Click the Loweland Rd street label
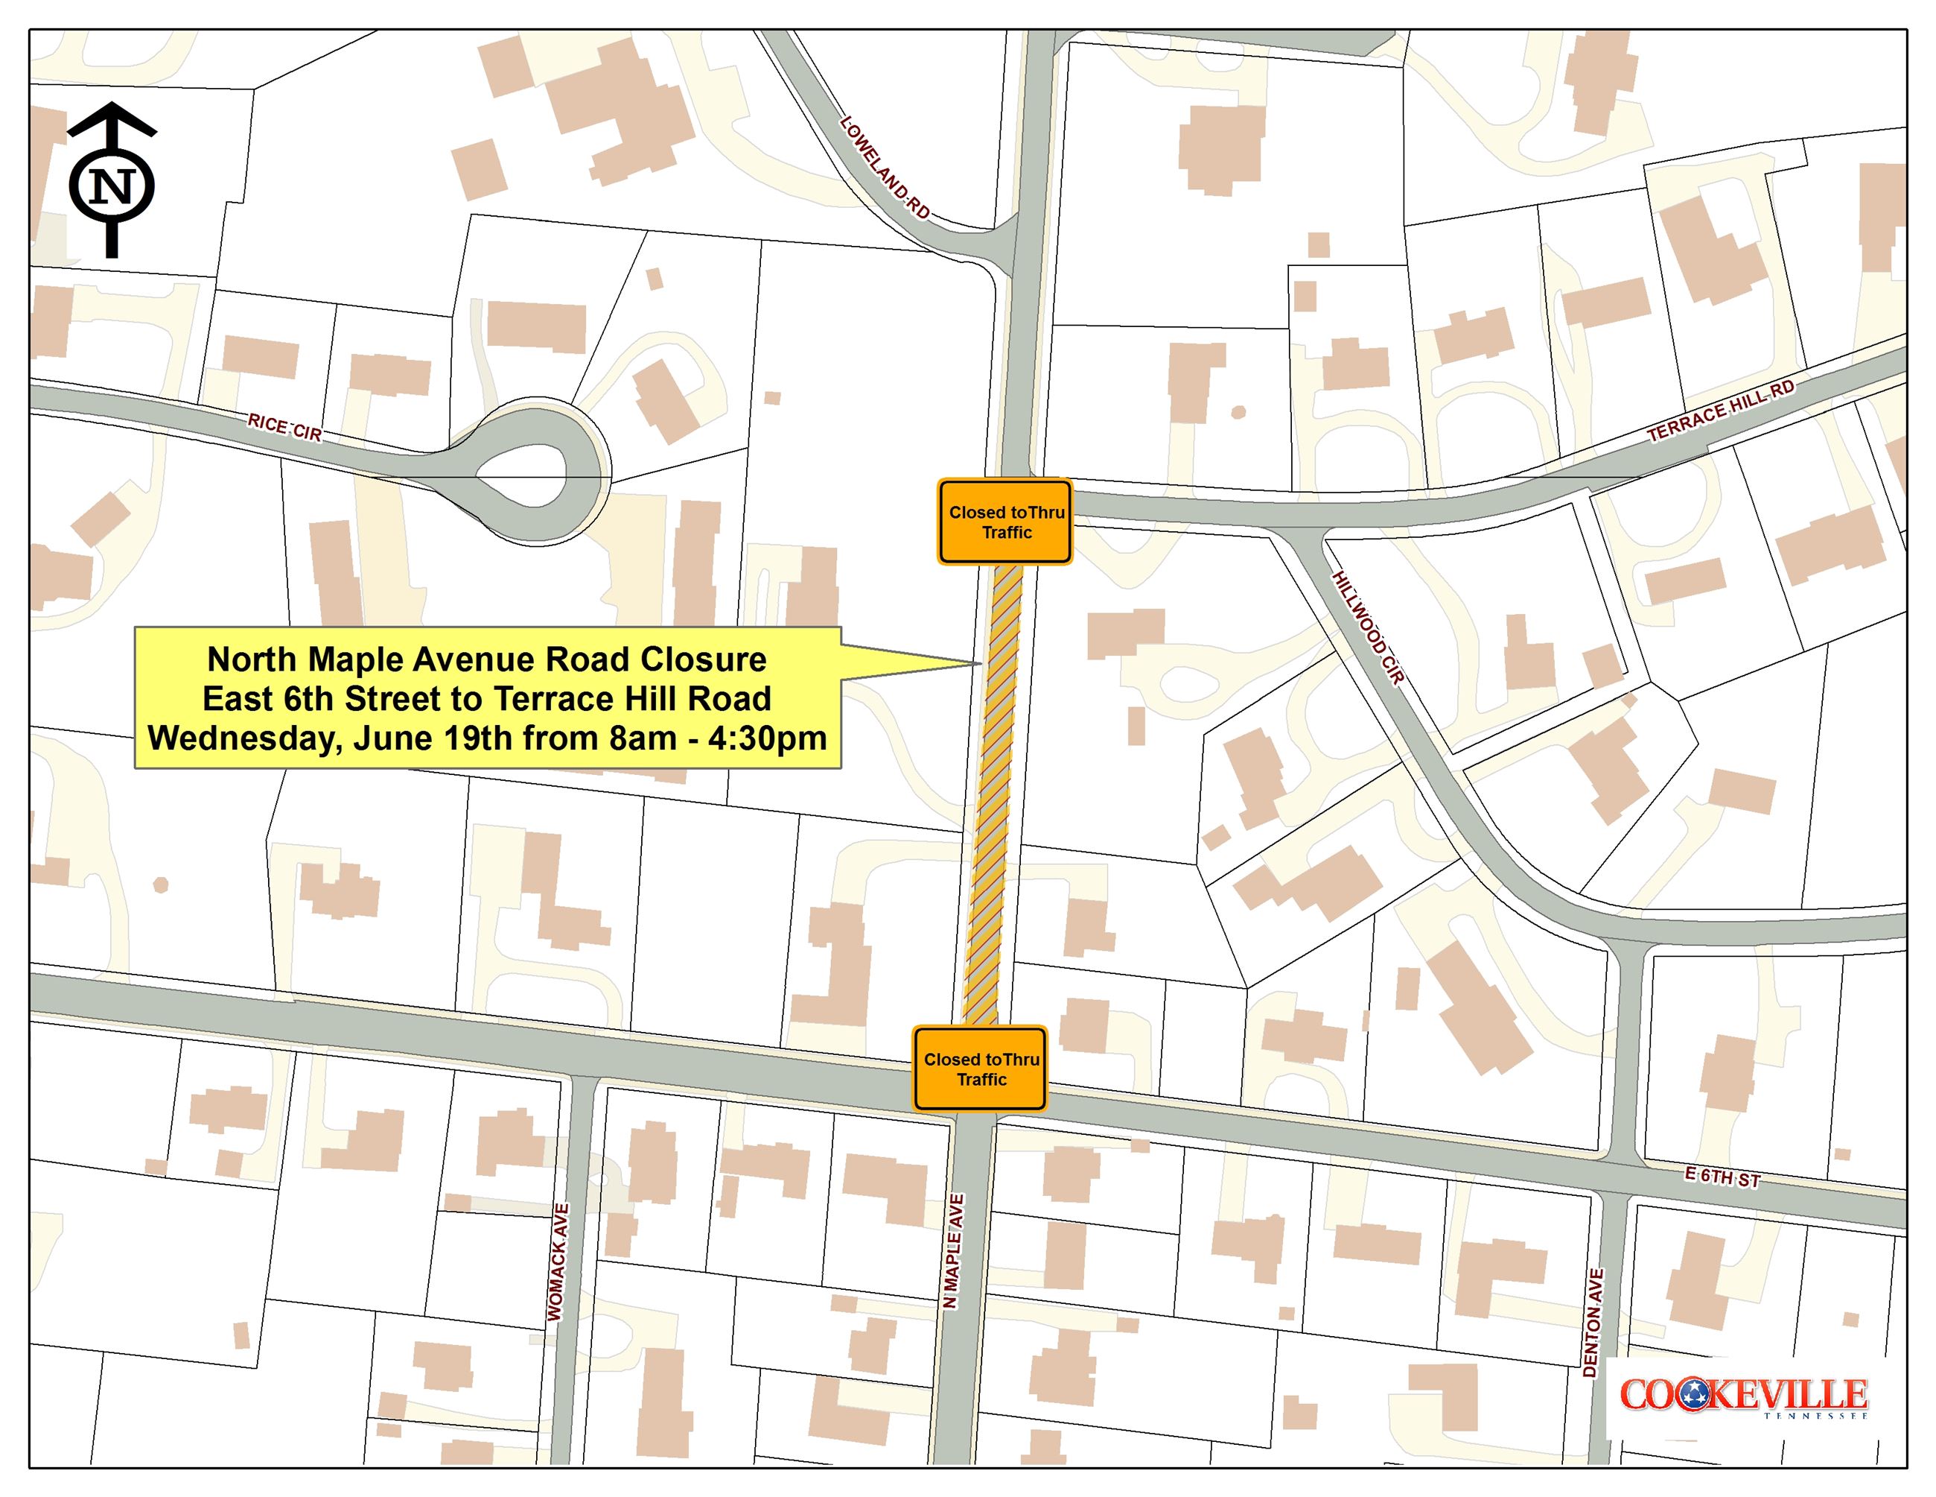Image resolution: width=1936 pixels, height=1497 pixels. click(x=885, y=168)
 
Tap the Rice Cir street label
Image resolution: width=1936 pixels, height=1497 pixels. click(x=284, y=428)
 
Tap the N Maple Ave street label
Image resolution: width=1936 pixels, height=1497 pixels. click(x=953, y=1250)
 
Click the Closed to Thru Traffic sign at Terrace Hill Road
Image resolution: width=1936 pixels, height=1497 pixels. click(x=1005, y=522)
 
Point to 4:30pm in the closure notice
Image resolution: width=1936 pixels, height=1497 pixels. click(x=767, y=738)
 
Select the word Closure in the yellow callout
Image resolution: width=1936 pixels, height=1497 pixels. click(x=703, y=659)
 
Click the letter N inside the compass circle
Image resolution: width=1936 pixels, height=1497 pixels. click(x=112, y=187)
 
